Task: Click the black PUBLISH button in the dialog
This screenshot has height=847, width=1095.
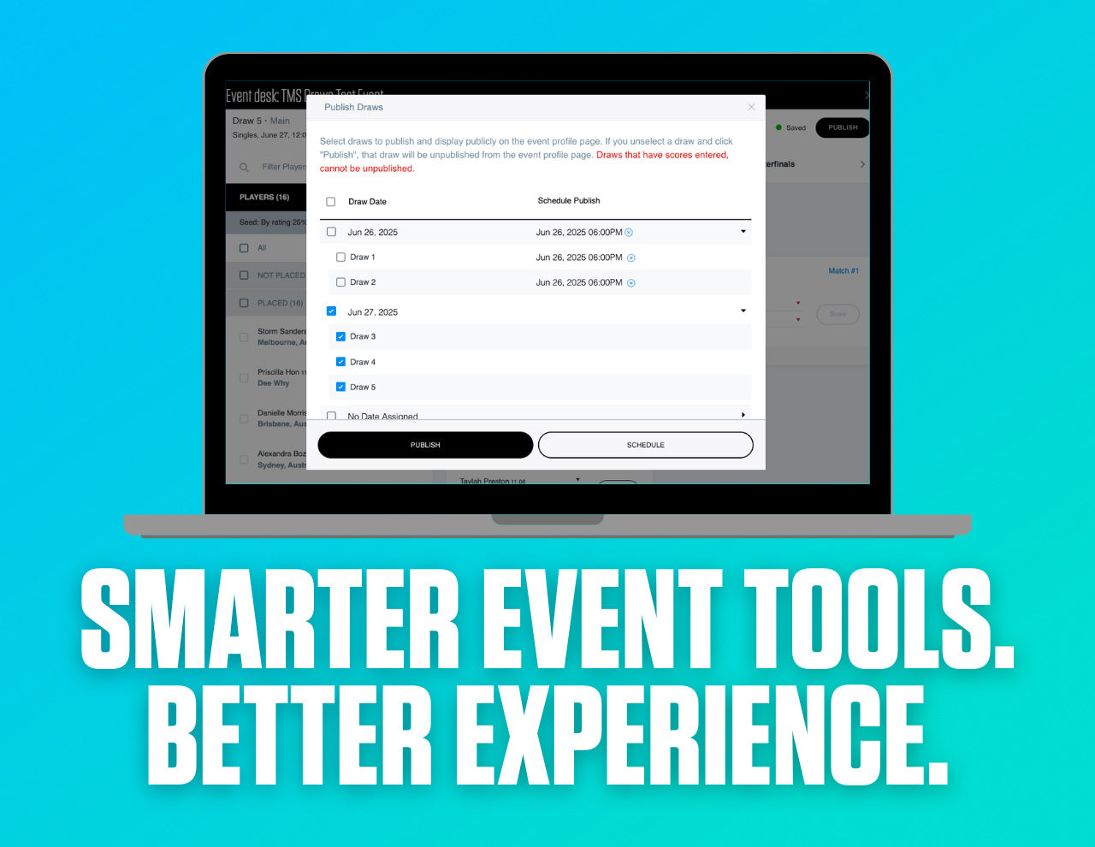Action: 425,445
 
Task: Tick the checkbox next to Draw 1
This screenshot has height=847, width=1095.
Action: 340,258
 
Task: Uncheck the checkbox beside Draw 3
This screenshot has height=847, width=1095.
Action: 340,337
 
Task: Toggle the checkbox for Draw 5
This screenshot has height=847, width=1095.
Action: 340,387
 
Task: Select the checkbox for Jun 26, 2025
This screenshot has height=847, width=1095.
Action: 331,232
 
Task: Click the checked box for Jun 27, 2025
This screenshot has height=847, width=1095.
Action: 331,311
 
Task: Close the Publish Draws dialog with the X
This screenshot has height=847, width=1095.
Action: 751,107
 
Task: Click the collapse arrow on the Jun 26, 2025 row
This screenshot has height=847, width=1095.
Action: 743,232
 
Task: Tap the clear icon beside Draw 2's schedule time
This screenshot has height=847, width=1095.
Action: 631,283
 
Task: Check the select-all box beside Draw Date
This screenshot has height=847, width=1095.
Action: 331,202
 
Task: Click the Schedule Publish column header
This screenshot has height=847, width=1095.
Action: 568,201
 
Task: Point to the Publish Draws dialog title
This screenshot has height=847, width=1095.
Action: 353,107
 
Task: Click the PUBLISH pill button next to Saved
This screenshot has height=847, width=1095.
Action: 842,127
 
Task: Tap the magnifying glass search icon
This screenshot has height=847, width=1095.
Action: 244,168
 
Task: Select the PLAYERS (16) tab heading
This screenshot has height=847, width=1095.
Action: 264,198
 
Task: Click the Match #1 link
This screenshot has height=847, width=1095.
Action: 843,271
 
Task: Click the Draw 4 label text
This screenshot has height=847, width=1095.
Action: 363,362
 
